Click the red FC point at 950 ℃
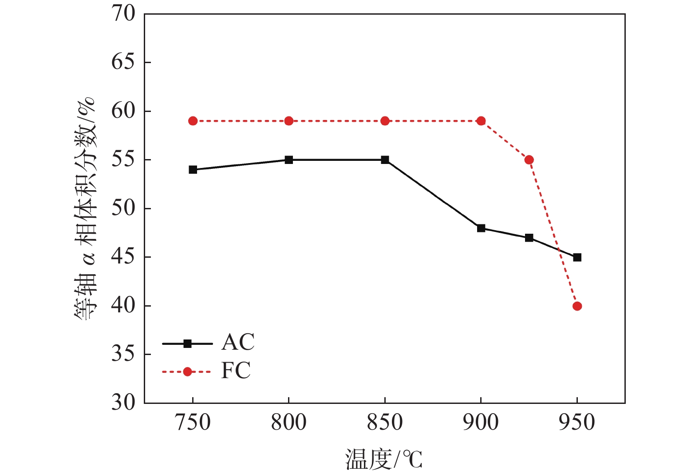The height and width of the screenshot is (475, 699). pos(577,306)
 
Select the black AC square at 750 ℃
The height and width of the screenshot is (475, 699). pos(193,170)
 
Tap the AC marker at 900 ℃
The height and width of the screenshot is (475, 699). pos(481,228)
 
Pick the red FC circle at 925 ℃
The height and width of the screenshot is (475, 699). pos(529,160)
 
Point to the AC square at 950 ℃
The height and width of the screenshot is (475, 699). pos(577,257)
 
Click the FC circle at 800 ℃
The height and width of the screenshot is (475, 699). pos(289,121)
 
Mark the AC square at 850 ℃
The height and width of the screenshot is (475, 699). pos(385,160)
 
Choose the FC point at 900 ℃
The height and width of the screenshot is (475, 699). pos(481,121)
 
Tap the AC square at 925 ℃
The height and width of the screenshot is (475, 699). pos(529,238)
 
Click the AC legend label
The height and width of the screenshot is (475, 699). pos(238,342)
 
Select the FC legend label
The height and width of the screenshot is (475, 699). pos(236,371)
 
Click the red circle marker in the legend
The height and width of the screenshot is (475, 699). pos(187,371)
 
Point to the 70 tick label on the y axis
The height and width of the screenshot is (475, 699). pos(123,14)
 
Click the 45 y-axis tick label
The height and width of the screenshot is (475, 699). pos(123,257)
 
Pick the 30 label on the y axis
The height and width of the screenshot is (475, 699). pos(123,403)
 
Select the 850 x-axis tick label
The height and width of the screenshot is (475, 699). pos(385,423)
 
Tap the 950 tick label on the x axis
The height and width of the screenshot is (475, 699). pos(577,423)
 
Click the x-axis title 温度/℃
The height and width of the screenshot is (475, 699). pos(384,459)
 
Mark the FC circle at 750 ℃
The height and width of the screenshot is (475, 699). pos(193,121)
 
